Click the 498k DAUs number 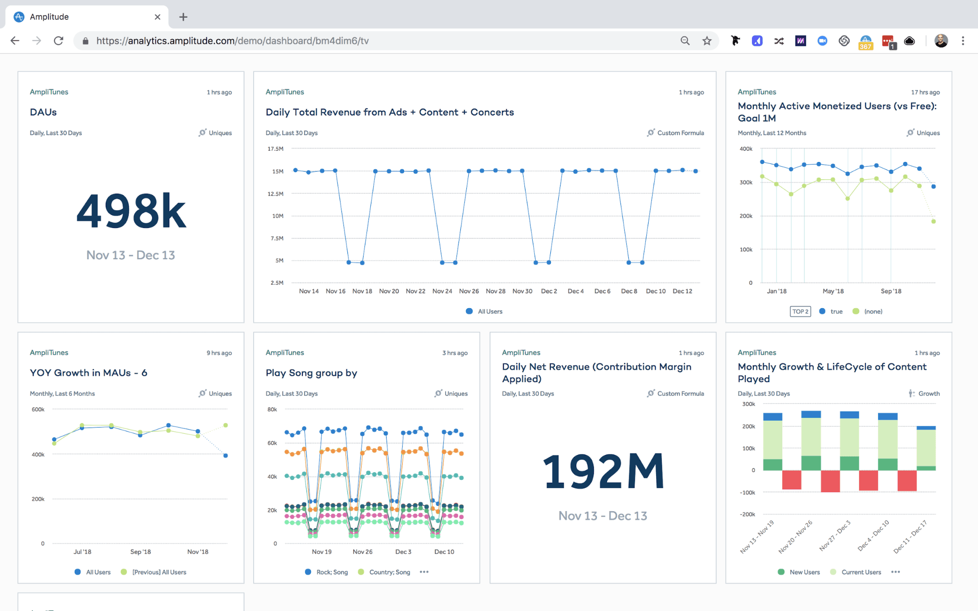coord(131,211)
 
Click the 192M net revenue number coord(603,472)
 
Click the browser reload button coord(59,41)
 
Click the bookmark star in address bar coord(706,41)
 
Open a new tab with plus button coord(183,17)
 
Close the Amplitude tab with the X coord(158,17)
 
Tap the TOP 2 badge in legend coord(800,312)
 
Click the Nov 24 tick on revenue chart coord(442,291)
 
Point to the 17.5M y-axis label coord(275,149)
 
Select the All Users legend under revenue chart coord(489,312)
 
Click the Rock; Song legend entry coord(332,572)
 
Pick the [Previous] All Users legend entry coord(159,572)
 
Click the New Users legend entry coord(804,572)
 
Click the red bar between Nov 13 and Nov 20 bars coord(791,479)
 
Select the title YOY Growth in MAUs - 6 coord(89,373)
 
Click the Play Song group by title coord(311,373)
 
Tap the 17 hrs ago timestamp coord(925,92)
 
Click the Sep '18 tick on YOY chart coord(140,552)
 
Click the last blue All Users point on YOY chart coord(226,455)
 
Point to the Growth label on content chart coord(929,394)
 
